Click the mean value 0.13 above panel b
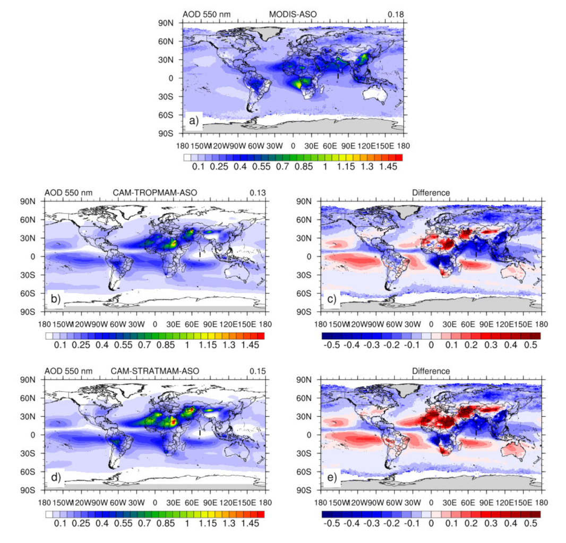click(x=258, y=192)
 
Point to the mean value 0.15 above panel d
click(x=258, y=370)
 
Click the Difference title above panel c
click(x=431, y=192)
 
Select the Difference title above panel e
click(x=431, y=370)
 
